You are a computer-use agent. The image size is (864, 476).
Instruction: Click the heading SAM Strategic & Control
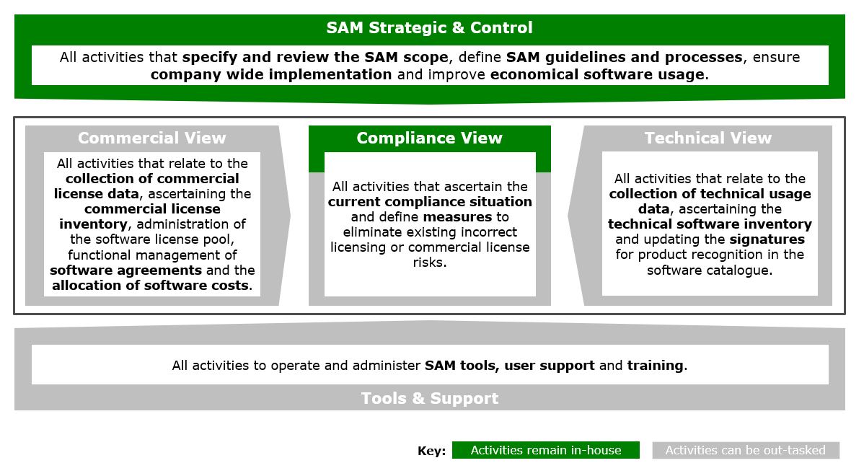(429, 28)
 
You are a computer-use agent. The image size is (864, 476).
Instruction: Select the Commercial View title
(151, 138)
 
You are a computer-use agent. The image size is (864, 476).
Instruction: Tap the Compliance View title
(429, 138)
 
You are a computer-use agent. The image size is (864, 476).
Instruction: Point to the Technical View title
(707, 138)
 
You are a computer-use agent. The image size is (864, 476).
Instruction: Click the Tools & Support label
(429, 398)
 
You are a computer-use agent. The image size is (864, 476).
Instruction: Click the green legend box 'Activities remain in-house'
(545, 450)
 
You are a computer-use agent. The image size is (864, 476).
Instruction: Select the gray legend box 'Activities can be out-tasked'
(745, 450)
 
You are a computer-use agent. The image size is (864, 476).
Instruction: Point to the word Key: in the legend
(432, 451)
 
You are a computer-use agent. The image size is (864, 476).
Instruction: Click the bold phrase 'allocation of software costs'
(151, 286)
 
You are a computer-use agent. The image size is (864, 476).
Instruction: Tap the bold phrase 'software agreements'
(125, 270)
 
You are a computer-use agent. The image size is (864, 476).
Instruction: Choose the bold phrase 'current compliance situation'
(430, 202)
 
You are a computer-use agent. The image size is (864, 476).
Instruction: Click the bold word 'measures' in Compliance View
(457, 217)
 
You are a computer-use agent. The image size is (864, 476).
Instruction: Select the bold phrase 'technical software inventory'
(710, 224)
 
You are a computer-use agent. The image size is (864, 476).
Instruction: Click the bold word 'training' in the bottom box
(655, 366)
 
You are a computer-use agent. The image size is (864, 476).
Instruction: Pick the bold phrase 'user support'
(550, 366)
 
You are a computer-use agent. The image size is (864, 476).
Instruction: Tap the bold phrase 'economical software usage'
(596, 74)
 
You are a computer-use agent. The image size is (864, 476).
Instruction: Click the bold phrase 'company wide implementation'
(271, 74)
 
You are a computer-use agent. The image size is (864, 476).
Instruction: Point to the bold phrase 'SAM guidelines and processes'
(624, 57)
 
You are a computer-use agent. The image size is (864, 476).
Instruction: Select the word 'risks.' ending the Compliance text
(430, 263)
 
